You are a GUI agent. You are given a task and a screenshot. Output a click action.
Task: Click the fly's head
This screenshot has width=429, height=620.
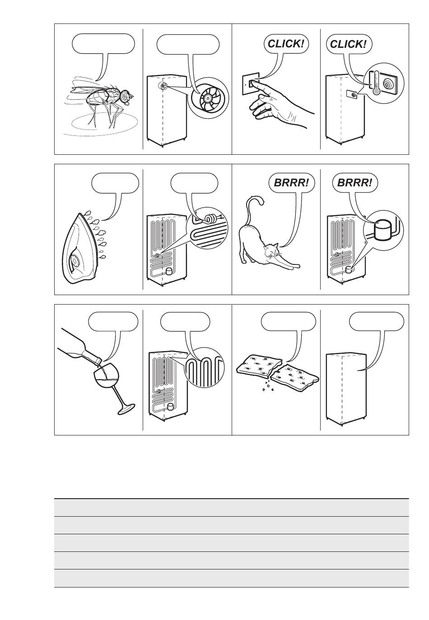click(x=126, y=96)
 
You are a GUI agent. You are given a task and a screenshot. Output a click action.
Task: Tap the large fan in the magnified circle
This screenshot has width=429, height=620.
click(x=208, y=98)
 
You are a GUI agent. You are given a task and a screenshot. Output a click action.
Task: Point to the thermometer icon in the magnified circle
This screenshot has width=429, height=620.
click(x=376, y=83)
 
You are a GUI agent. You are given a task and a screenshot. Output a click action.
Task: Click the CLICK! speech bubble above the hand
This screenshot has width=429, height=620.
click(x=285, y=44)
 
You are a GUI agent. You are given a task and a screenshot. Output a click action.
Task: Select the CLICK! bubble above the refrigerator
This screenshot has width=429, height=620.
click(x=349, y=44)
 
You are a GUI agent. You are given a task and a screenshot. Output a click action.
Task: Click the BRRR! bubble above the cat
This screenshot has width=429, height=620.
click(x=292, y=183)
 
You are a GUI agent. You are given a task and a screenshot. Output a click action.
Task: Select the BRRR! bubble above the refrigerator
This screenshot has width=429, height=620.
click(x=354, y=183)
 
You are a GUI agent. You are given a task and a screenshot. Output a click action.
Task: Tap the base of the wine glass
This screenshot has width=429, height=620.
click(x=126, y=409)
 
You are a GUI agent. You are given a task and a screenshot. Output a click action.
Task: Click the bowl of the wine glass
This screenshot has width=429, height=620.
click(x=107, y=376)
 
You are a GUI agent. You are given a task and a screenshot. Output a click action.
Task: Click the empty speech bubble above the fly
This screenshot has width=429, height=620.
click(x=103, y=44)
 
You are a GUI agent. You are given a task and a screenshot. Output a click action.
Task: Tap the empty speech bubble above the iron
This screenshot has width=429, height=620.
click(x=115, y=183)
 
